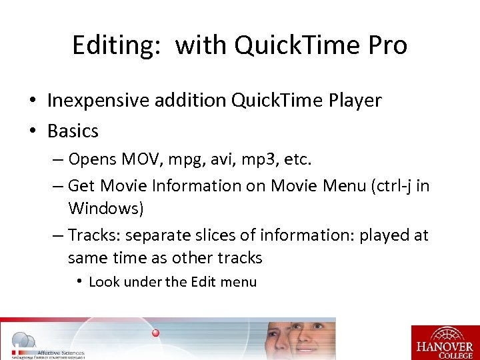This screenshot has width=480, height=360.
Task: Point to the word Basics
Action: [73, 131]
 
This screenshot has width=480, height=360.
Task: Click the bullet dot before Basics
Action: [32, 131]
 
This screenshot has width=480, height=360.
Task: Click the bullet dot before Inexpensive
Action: [32, 101]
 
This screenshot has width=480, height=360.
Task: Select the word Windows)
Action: [105, 209]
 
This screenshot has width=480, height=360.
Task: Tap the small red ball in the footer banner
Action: [156, 333]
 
